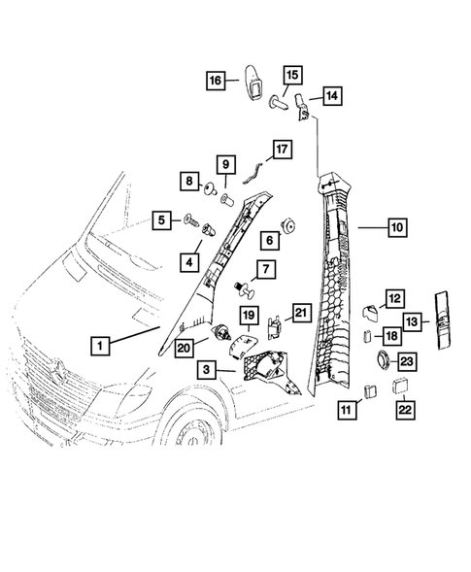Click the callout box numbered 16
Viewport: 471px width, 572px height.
pyautogui.click(x=216, y=82)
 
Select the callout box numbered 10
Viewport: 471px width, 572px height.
pyautogui.click(x=396, y=227)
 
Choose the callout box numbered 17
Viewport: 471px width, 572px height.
pyautogui.click(x=281, y=151)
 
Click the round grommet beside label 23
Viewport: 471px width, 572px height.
pyautogui.click(x=381, y=362)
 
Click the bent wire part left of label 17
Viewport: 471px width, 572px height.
pyautogui.click(x=253, y=173)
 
